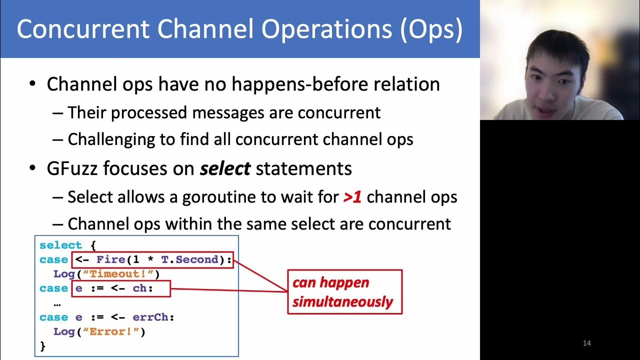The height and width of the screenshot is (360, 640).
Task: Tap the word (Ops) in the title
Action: (431, 29)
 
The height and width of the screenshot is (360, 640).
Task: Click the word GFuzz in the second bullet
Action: (73, 168)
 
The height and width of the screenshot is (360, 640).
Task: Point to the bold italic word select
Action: (225, 168)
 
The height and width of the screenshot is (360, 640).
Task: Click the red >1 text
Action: (352, 197)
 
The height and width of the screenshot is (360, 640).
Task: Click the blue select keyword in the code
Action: (60, 245)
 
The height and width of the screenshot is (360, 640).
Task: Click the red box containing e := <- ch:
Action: (121, 288)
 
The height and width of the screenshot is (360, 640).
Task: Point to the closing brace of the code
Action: (42, 345)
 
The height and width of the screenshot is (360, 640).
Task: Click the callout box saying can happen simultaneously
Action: (344, 292)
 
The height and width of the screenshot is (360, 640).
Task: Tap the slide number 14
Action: (587, 343)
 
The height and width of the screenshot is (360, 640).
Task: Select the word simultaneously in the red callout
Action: (342, 302)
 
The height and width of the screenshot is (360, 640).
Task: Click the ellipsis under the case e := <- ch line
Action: (56, 303)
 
